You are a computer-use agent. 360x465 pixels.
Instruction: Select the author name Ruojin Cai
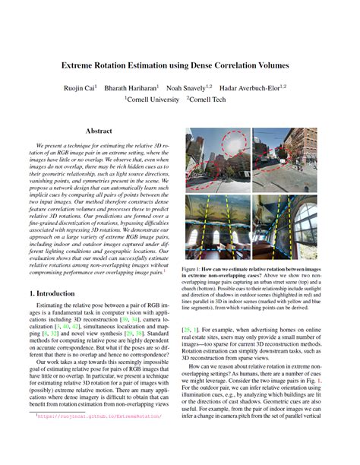pos(93,87)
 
